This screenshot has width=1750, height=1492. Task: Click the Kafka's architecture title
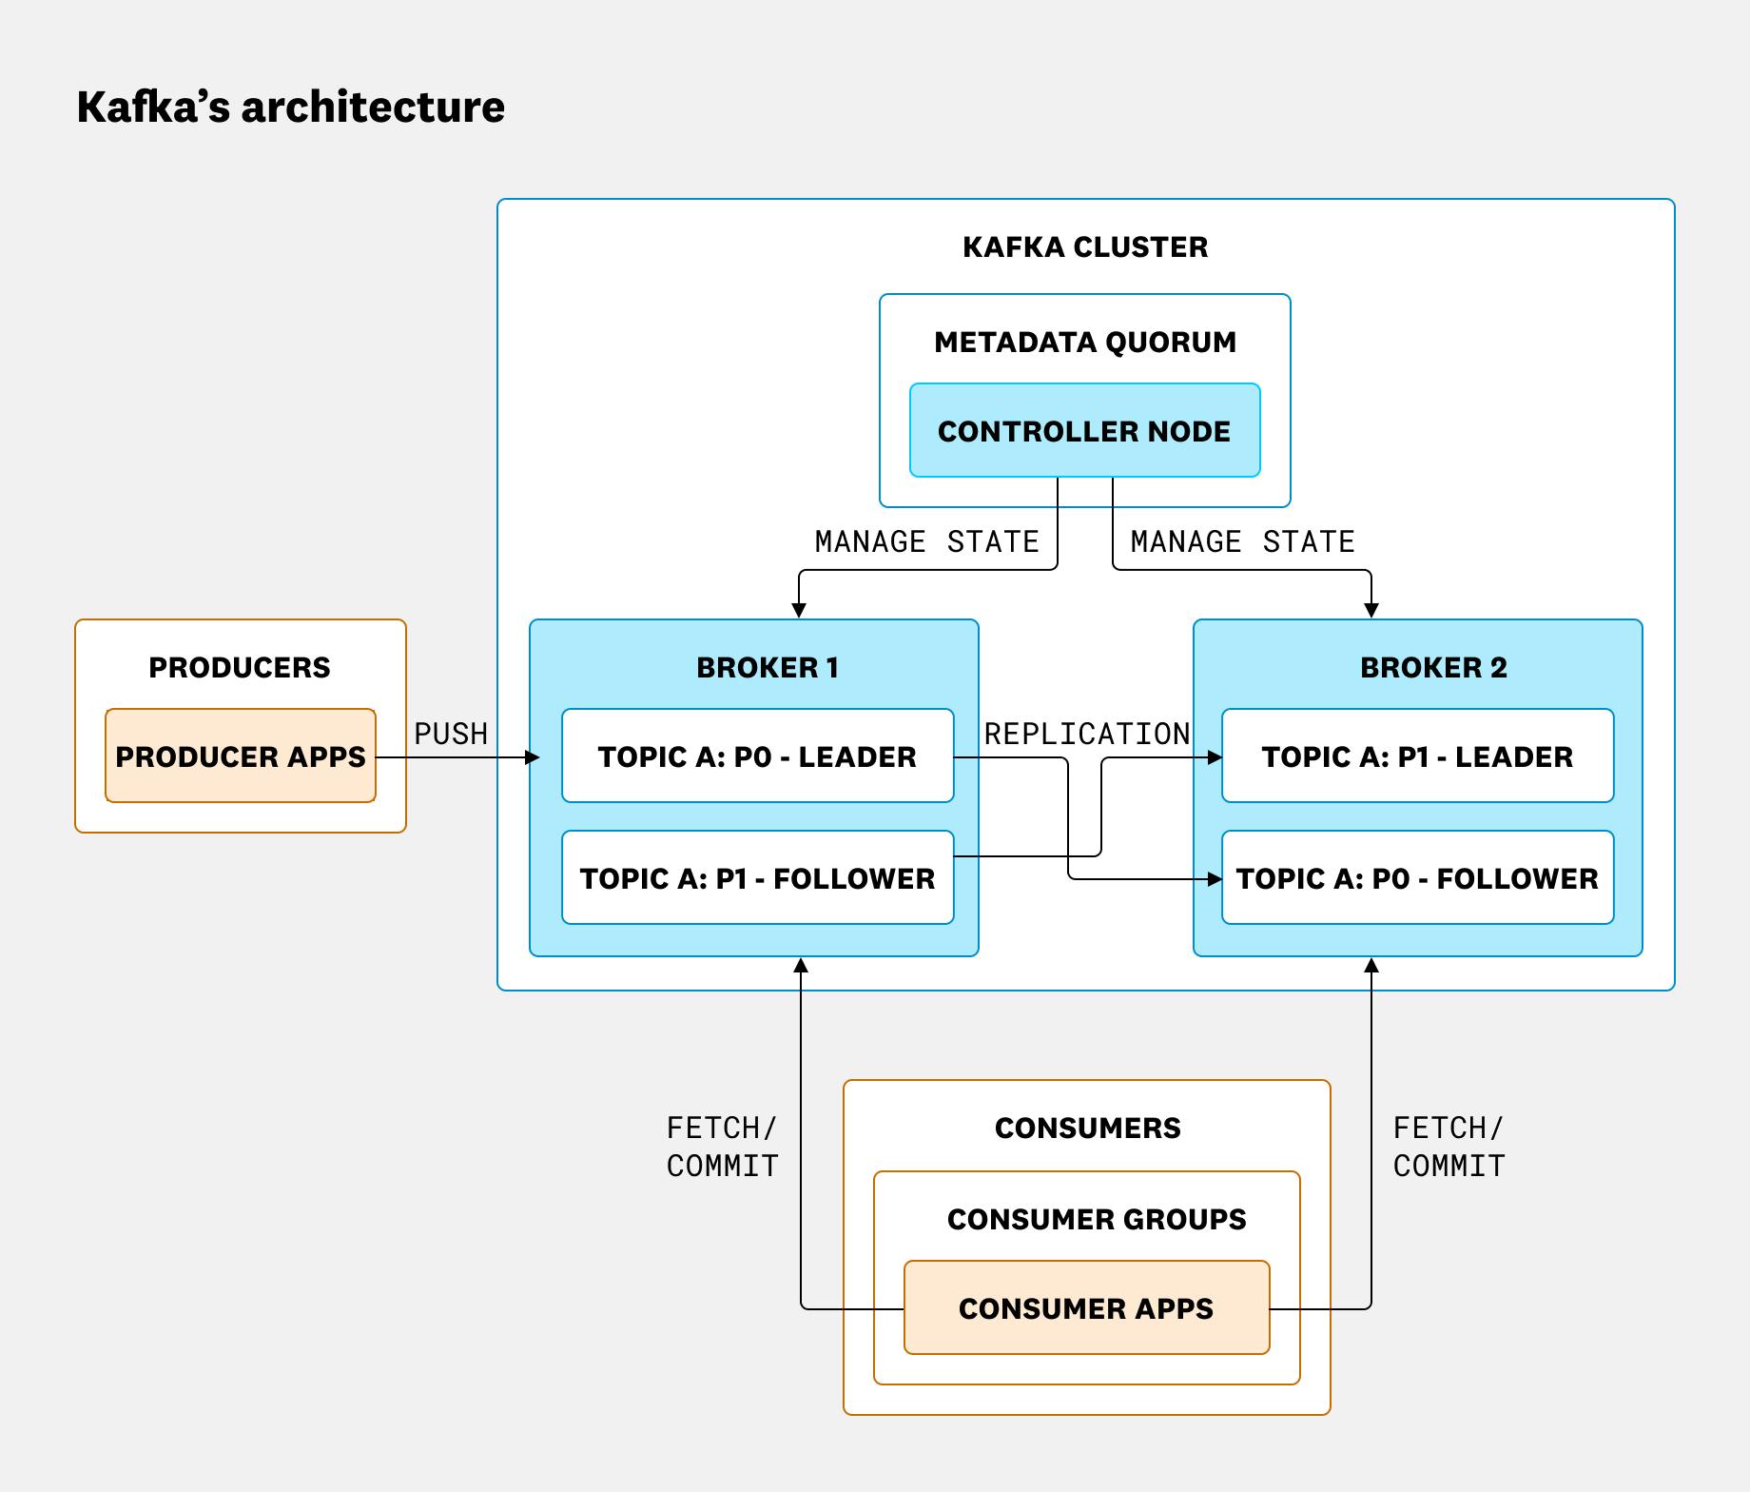pos(290,107)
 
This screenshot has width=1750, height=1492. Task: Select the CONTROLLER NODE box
pos(1084,431)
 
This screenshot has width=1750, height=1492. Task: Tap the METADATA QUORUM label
pos(1085,343)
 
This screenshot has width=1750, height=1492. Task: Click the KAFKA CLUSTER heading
pos(1085,247)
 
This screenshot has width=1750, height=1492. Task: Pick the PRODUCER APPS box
pos(241,756)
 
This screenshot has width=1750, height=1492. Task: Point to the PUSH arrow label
pos(451,734)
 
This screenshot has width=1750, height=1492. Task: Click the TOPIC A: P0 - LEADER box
pos(757,756)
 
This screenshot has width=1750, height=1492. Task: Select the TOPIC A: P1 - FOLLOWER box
pos(757,878)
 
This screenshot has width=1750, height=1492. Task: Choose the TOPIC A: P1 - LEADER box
pos(1417,756)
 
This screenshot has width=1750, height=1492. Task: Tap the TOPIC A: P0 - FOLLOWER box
pos(1417,878)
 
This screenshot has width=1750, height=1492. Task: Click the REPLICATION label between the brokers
pos(1086,734)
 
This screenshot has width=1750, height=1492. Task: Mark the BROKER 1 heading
pos(768,668)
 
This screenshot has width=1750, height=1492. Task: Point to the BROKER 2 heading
pos(1433,668)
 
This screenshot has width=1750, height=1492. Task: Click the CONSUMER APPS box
pos(1086,1308)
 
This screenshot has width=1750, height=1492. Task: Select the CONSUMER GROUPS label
pos(1097,1220)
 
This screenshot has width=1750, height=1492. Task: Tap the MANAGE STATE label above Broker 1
pos(926,541)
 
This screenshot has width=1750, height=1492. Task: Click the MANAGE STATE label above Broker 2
pos(1242,541)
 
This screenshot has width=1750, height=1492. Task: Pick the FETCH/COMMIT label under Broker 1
pos(723,1147)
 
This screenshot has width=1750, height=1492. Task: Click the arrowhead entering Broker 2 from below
pos(1371,966)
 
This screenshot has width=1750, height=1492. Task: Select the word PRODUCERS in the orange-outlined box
pos(240,668)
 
